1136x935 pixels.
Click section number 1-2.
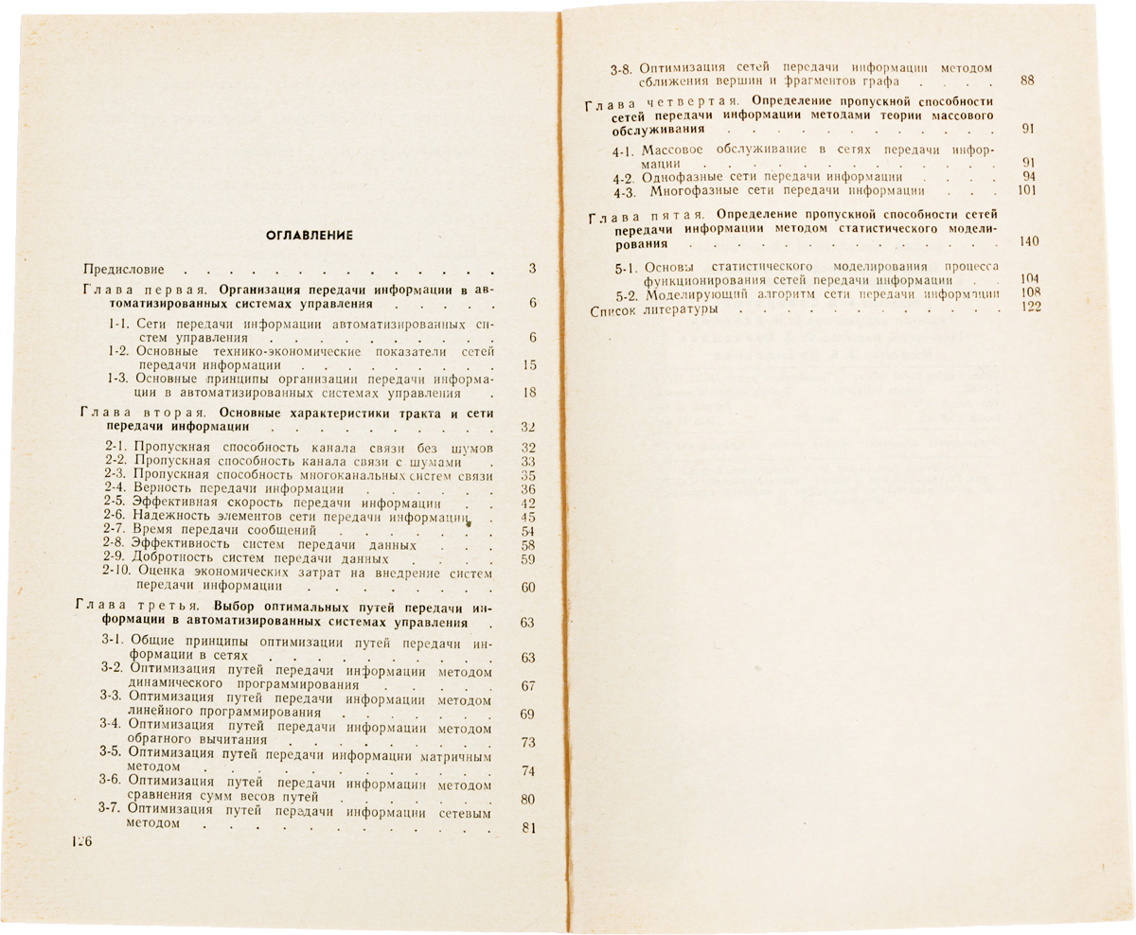119,351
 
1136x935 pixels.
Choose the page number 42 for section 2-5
529,503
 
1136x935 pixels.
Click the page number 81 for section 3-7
529,828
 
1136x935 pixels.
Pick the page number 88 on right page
1027,81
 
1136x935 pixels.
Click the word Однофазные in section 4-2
683,177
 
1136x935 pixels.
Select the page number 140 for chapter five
1029,242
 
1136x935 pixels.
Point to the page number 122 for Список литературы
1031,309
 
